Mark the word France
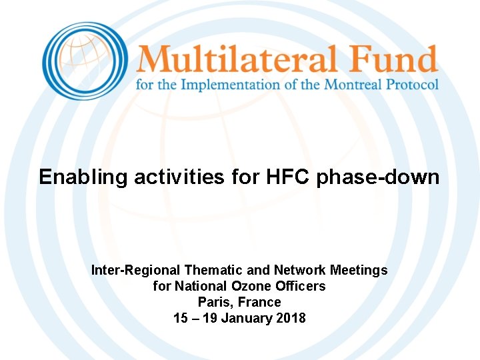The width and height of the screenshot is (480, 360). coord(260,302)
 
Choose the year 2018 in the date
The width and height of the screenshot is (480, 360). coord(291,318)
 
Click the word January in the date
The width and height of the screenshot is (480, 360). coord(246,318)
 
